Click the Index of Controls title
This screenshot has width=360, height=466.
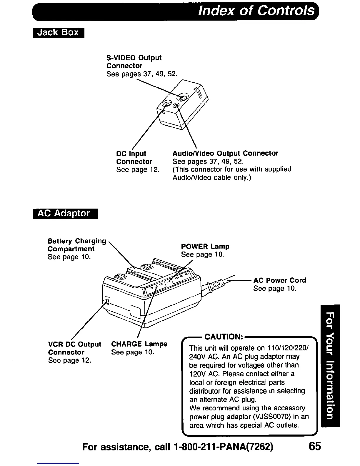pos(256,11)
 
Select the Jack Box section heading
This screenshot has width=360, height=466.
pos(59,32)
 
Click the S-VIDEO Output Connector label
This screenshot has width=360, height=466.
pos(134,62)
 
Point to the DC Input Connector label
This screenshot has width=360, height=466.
pos(134,158)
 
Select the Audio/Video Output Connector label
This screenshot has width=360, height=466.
pos(225,153)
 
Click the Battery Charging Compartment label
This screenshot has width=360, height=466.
pos(76,245)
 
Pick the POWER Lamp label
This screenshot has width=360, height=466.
pos(205,247)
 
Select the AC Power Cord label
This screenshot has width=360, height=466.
pos(279,280)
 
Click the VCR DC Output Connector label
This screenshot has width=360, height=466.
pos(74,348)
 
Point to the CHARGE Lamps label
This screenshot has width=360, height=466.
pos(139,344)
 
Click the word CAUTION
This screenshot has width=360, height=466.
pos(223,337)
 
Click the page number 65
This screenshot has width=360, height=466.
pos(315,447)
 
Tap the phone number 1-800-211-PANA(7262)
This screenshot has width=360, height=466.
pos(224,447)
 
